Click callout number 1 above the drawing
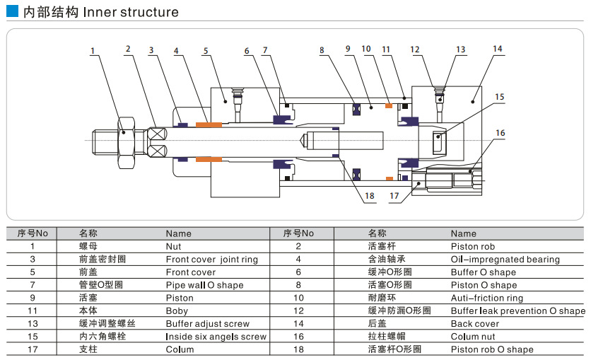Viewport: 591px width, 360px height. point(93,50)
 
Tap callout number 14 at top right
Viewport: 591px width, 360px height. point(498,50)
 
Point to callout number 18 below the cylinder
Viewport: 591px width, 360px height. point(369,196)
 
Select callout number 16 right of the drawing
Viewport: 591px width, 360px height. point(501,132)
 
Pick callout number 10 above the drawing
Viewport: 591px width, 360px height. point(366,50)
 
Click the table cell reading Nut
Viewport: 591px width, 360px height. point(173,246)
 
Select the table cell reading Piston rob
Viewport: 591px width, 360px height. point(473,246)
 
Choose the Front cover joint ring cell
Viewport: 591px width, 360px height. point(211,260)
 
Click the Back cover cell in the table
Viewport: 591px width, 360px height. point(474,324)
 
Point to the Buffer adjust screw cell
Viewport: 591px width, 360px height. point(207,324)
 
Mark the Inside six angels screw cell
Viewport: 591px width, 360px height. point(216,337)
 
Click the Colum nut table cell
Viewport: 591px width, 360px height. point(473,337)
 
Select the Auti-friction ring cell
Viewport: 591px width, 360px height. point(487,298)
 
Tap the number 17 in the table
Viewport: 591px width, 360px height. point(33,349)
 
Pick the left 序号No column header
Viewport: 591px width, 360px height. point(33,233)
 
